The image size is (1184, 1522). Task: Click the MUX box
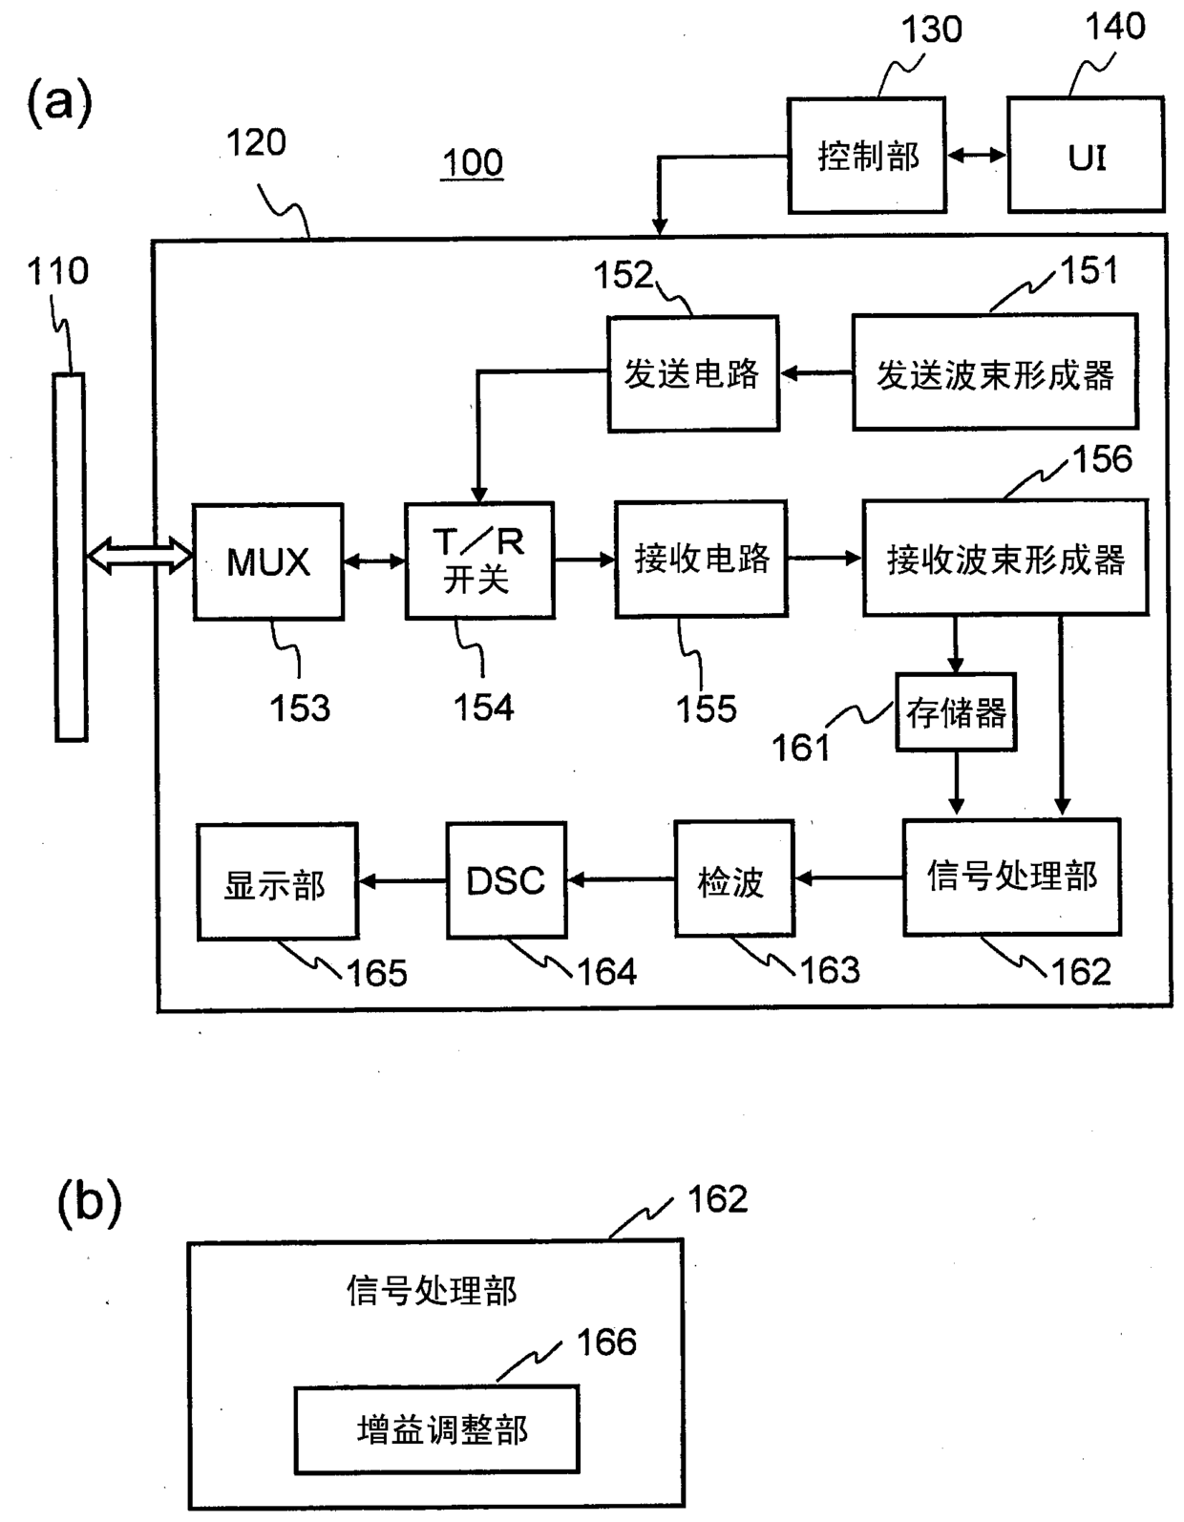268,561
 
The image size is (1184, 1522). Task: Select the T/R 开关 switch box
479,560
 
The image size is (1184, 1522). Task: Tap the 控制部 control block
867,155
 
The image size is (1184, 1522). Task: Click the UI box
1086,154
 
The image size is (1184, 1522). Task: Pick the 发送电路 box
692,373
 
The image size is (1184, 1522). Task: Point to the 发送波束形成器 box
995,371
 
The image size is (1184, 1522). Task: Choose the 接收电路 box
701,559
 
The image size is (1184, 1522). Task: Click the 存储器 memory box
956,712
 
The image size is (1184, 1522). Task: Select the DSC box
506,880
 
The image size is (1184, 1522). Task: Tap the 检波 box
734,878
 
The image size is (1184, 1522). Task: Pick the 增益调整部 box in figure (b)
437,1429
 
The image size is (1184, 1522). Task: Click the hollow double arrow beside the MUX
139,556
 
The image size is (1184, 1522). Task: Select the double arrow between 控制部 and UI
977,155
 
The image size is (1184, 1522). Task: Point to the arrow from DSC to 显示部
402,881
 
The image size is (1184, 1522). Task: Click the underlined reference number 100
473,163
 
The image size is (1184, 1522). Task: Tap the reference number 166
606,1342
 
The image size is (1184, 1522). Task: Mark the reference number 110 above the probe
58,271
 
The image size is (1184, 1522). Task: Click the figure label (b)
89,1202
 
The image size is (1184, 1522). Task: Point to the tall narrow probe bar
71,557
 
